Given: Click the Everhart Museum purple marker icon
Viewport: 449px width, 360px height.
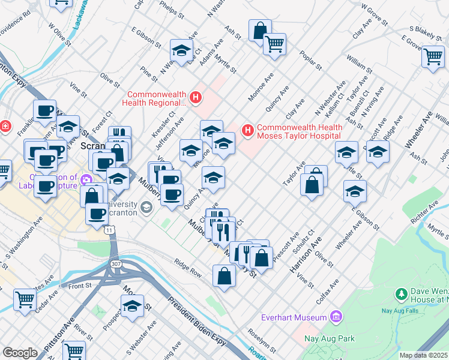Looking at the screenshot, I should (336, 317).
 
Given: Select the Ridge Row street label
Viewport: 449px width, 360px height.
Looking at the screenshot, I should (188, 267).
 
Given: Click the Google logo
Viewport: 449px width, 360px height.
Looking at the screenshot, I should (20, 353).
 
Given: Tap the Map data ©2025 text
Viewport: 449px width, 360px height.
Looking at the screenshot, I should (423, 355).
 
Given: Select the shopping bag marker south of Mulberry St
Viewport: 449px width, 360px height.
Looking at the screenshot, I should (224, 277).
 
